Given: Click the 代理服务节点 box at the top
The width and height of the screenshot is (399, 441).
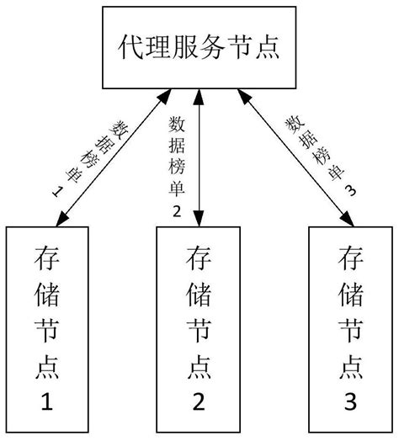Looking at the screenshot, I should (x=199, y=49).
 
